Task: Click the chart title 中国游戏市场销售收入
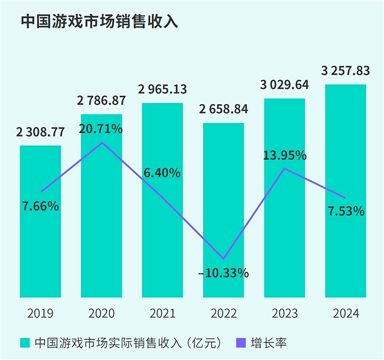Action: tap(99, 22)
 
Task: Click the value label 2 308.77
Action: tap(40, 133)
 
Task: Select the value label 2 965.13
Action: tap(162, 90)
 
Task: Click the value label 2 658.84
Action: tap(223, 110)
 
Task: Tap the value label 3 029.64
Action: tap(285, 85)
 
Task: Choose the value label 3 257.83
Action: tap(346, 72)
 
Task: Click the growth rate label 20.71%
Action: tap(102, 128)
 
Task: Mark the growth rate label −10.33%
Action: tap(223, 273)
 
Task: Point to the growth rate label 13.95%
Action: tap(285, 156)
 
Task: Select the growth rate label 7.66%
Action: tap(40, 206)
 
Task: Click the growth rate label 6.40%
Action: tap(162, 173)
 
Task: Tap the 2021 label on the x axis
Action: tap(162, 313)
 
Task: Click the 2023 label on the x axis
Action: tap(285, 313)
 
